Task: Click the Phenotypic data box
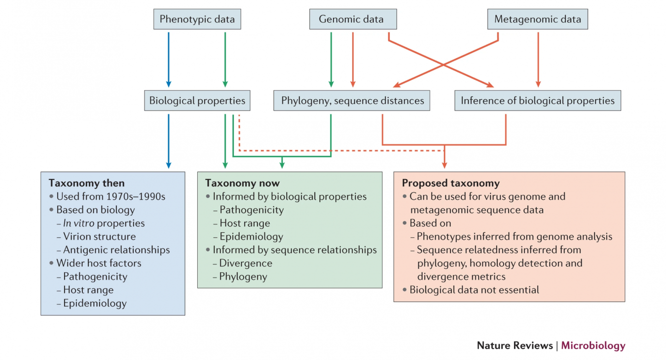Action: click(197, 20)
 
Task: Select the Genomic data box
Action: click(353, 20)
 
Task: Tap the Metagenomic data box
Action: click(538, 20)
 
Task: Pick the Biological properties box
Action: click(197, 101)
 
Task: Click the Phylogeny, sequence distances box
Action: click(352, 101)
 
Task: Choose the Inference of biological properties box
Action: click(537, 101)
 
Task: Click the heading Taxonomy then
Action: click(86, 183)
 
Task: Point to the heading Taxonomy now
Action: click(242, 183)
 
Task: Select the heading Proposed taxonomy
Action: click(450, 183)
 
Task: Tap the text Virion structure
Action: click(99, 237)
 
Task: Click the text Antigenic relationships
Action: click(116, 250)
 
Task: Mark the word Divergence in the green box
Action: click(246, 263)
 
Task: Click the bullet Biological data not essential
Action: click(474, 290)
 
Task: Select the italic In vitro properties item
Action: click(104, 223)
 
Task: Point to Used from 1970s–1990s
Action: click(111, 196)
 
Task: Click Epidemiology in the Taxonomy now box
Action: click(251, 237)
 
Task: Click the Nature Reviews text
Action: click(515, 346)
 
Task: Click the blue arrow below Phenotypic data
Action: click(168, 59)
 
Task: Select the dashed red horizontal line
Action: click(340, 150)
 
